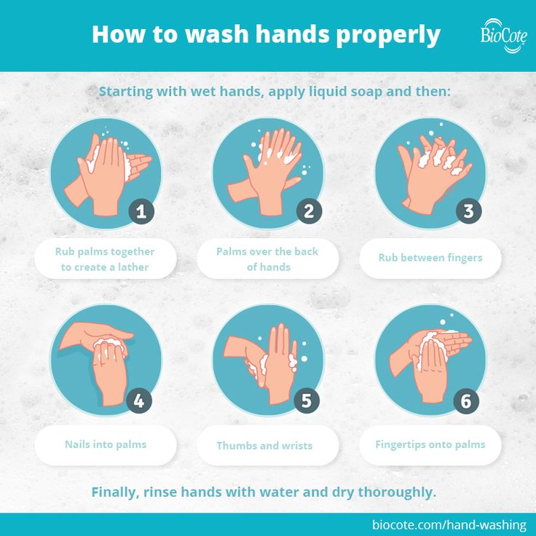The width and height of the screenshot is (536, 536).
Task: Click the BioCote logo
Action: pyautogui.click(x=503, y=36)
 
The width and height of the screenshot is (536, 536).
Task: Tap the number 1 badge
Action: pyautogui.click(x=141, y=212)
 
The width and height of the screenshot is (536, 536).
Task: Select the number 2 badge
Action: pyautogui.click(x=309, y=211)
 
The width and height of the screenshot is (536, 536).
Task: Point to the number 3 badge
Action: pyautogui.click(x=469, y=211)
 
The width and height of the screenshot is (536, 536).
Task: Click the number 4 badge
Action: pyautogui.click(x=139, y=401)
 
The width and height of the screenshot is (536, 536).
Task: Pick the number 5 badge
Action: pyautogui.click(x=307, y=401)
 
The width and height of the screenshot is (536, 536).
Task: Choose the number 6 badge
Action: pyautogui.click(x=466, y=401)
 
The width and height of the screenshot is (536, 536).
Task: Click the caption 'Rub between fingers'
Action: pyautogui.click(x=430, y=258)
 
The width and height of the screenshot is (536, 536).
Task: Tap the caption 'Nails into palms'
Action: pyautogui.click(x=106, y=444)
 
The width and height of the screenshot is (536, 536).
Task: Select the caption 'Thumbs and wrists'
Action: pyautogui.click(x=264, y=446)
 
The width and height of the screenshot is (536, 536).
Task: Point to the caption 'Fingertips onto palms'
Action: pyautogui.click(x=430, y=444)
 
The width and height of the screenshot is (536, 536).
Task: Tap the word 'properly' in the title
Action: pyautogui.click(x=388, y=36)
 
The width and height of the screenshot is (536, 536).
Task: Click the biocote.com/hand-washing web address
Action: pyautogui.click(x=449, y=524)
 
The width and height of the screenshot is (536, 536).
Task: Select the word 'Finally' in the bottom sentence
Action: pyautogui.click(x=115, y=492)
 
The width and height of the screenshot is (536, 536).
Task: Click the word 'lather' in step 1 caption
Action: pyautogui.click(x=133, y=267)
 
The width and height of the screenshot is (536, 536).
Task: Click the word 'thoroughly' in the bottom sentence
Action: pyautogui.click(x=397, y=492)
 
